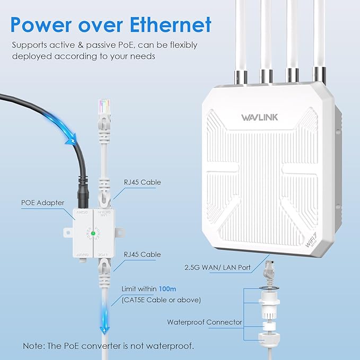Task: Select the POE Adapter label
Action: tap(42, 202)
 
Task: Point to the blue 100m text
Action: tap(168, 289)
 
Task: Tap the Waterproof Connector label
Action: tap(205, 322)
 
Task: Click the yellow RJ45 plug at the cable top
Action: tap(104, 109)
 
